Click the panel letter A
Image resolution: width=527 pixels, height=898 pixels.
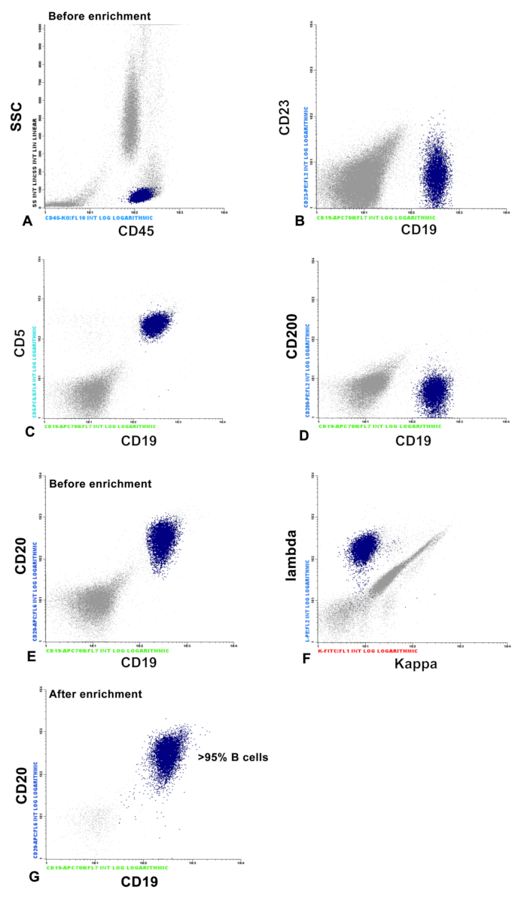click(28, 221)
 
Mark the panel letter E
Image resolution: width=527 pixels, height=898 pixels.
click(31, 656)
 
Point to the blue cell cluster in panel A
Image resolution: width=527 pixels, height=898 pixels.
click(141, 196)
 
